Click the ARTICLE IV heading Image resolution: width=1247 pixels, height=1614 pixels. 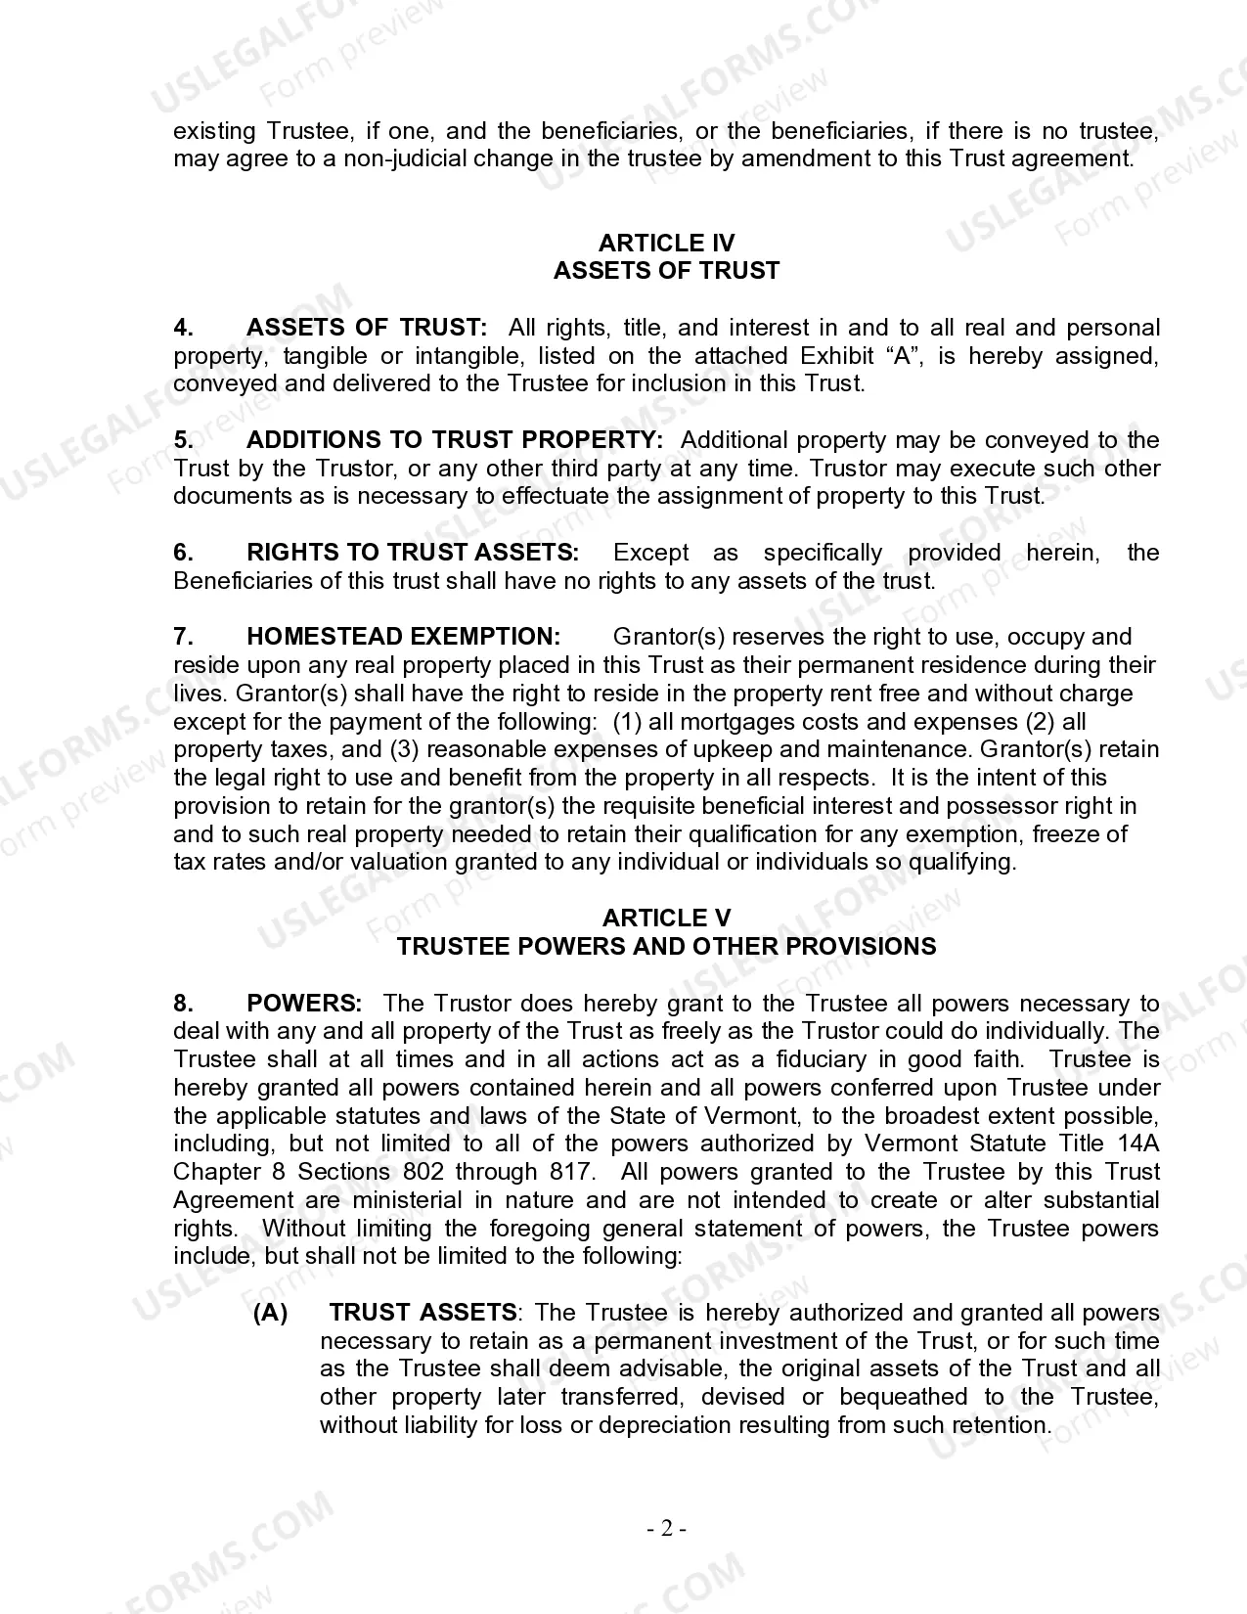click(666, 243)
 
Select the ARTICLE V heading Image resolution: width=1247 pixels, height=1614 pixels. click(666, 918)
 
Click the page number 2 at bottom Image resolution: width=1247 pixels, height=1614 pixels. click(666, 1528)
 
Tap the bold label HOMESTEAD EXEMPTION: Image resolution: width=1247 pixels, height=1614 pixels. click(403, 637)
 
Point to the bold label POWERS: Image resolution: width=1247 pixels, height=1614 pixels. click(304, 1003)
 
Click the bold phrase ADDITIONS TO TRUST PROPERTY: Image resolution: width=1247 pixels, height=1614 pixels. click(455, 440)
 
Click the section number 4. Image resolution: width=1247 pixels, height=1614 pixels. click(183, 328)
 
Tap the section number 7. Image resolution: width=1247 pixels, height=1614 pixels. click(183, 637)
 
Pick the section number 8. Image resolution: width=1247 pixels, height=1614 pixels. click(183, 1003)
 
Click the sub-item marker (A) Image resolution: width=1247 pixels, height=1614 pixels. click(270, 1313)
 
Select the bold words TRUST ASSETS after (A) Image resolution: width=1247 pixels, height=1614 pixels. click(423, 1313)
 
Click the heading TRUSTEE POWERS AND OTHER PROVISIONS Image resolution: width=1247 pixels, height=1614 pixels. click(666, 946)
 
